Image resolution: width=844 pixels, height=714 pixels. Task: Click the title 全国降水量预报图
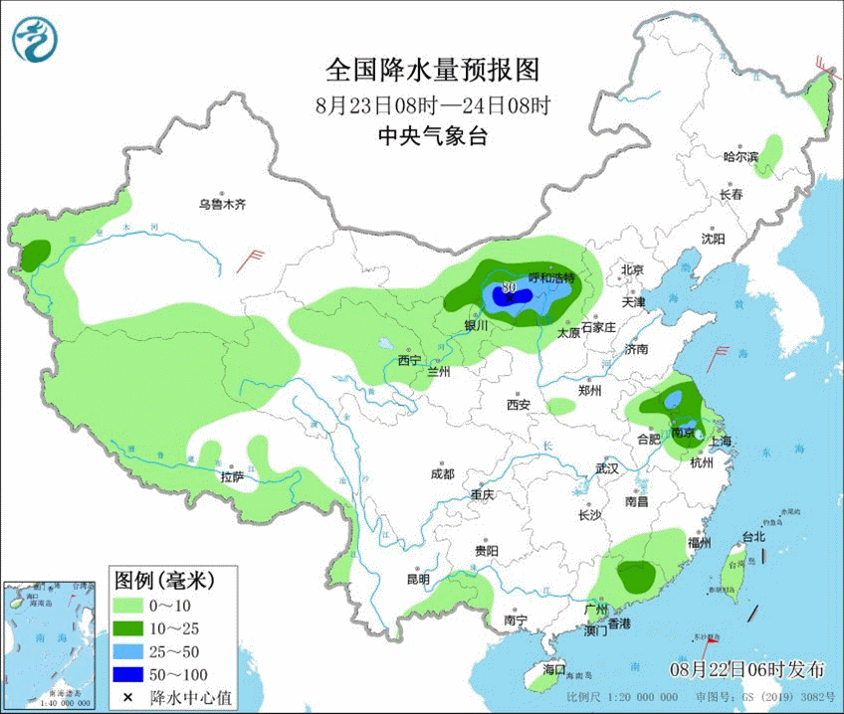(x=432, y=70)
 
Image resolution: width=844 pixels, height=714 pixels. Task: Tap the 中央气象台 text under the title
(x=432, y=137)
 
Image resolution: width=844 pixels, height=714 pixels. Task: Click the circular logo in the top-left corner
(x=35, y=39)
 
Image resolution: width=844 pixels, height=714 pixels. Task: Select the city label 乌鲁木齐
(x=221, y=205)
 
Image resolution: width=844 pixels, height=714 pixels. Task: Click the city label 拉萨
(x=232, y=476)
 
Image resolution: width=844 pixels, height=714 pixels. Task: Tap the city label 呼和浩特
(x=550, y=278)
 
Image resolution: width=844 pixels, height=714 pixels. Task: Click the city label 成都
(x=442, y=474)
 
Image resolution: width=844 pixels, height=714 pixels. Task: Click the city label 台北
(x=753, y=537)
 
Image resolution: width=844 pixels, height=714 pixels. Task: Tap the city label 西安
(x=518, y=405)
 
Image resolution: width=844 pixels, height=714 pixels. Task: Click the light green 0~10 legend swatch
(x=129, y=604)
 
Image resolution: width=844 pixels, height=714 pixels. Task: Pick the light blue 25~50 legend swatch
(x=129, y=650)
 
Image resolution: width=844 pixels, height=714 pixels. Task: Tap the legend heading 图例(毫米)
(x=162, y=579)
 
